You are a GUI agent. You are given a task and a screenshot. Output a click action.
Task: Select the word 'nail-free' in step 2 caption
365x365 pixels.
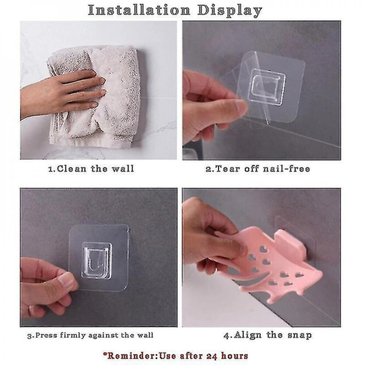point(286,169)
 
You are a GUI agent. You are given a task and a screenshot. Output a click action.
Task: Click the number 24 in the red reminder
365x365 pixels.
point(214,356)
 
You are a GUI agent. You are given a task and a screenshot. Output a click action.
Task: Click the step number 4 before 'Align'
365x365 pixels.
point(227,336)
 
